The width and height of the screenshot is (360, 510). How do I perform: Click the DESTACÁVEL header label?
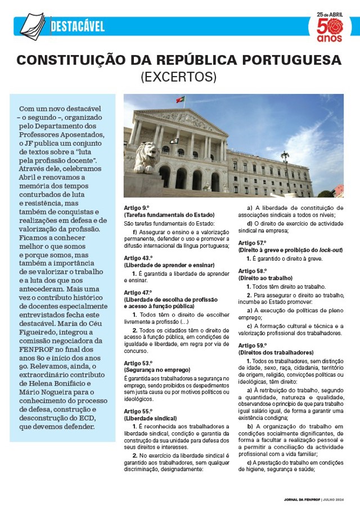click(78, 26)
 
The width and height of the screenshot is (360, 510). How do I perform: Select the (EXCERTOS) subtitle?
click(179, 77)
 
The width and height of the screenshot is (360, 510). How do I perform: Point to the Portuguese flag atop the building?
click(180, 100)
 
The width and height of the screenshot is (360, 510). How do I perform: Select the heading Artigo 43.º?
click(138, 258)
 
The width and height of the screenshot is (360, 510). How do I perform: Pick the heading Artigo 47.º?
click(138, 293)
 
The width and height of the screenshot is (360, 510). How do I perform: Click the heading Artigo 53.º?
click(138, 363)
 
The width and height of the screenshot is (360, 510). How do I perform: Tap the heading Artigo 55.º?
click(138, 411)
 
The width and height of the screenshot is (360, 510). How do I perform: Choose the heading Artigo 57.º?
click(252, 243)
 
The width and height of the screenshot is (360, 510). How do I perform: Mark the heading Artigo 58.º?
click(252, 271)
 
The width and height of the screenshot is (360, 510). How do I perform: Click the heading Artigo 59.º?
click(252, 345)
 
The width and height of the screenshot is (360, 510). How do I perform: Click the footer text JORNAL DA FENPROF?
click(301, 500)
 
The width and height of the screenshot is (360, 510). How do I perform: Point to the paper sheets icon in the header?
click(33, 25)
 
